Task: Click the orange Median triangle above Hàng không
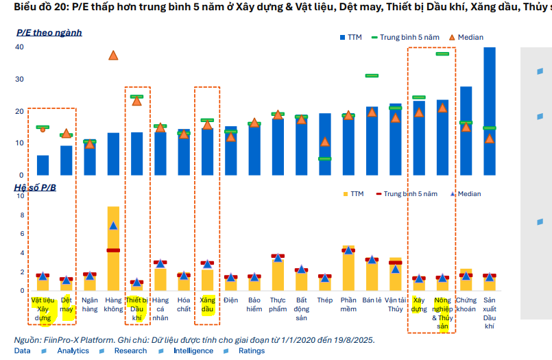click(x=113, y=55)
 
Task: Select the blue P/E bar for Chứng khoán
click(x=466, y=130)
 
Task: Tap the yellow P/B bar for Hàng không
click(x=113, y=247)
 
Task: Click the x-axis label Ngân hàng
click(x=89, y=304)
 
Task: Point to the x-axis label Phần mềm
click(x=348, y=304)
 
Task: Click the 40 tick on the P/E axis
click(x=20, y=47)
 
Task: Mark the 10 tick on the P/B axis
click(x=20, y=196)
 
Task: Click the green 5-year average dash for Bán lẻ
click(x=372, y=75)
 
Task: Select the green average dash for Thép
click(x=325, y=158)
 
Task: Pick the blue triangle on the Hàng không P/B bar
click(x=113, y=225)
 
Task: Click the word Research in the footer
click(x=130, y=351)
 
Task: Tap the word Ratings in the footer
click(x=251, y=351)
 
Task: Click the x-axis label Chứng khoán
click(x=466, y=304)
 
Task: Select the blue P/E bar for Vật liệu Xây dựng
click(x=43, y=165)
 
